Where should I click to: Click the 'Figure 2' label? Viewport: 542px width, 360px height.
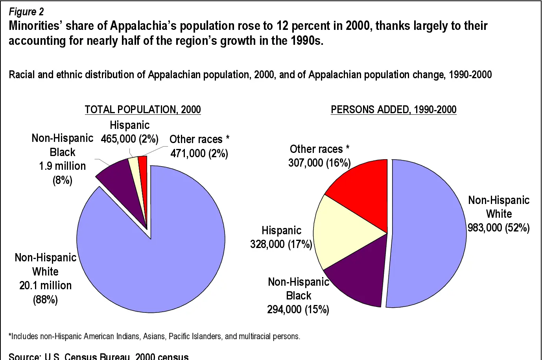click(x=26, y=12)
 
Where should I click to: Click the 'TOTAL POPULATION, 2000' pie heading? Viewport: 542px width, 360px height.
click(x=143, y=109)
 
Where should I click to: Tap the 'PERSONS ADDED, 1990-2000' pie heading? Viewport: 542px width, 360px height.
click(x=393, y=109)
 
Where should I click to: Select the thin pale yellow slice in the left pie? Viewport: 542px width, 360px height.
click(x=135, y=173)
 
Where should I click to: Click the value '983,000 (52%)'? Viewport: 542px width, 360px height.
click(x=498, y=228)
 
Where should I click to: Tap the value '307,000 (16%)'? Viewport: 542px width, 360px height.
click(x=319, y=163)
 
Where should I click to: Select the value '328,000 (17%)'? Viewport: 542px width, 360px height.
click(x=281, y=244)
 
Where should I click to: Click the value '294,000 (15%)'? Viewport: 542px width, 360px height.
click(x=298, y=309)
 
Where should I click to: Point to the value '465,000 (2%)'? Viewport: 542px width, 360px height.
click(x=129, y=139)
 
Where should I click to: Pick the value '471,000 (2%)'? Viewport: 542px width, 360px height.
click(x=199, y=153)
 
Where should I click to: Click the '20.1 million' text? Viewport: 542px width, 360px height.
click(x=46, y=285)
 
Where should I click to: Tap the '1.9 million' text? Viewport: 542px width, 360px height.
click(x=62, y=166)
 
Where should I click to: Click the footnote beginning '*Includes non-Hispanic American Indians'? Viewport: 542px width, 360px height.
click(x=154, y=336)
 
